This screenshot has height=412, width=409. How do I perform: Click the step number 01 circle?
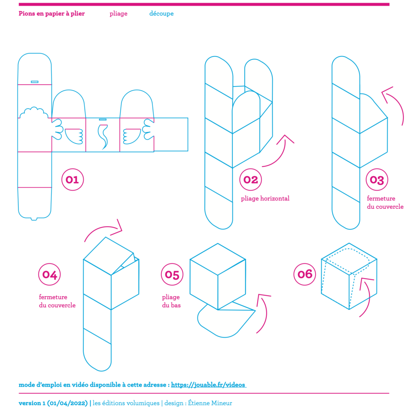[x=72, y=179]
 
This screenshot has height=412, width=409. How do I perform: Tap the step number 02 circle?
[x=251, y=179]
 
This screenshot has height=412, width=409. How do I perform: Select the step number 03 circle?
[x=377, y=179]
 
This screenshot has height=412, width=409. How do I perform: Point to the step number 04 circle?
[x=50, y=275]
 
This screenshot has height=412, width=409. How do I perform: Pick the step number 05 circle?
[x=172, y=275]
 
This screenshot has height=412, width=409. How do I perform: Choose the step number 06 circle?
[x=305, y=274]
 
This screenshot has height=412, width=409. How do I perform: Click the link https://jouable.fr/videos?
[x=208, y=385]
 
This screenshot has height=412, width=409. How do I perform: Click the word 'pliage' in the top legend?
[x=118, y=14]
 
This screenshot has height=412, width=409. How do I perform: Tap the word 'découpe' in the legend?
[x=161, y=14]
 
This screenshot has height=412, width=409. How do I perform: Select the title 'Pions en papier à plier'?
[x=52, y=14]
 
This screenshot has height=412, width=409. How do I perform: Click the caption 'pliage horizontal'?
[x=265, y=198]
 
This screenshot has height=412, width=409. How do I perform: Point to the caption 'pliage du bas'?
[x=171, y=301]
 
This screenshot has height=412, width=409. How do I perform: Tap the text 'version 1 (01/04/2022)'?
[x=53, y=403]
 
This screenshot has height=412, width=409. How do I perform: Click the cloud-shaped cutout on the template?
[x=34, y=113]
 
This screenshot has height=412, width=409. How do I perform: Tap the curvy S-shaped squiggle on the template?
[x=104, y=136]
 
